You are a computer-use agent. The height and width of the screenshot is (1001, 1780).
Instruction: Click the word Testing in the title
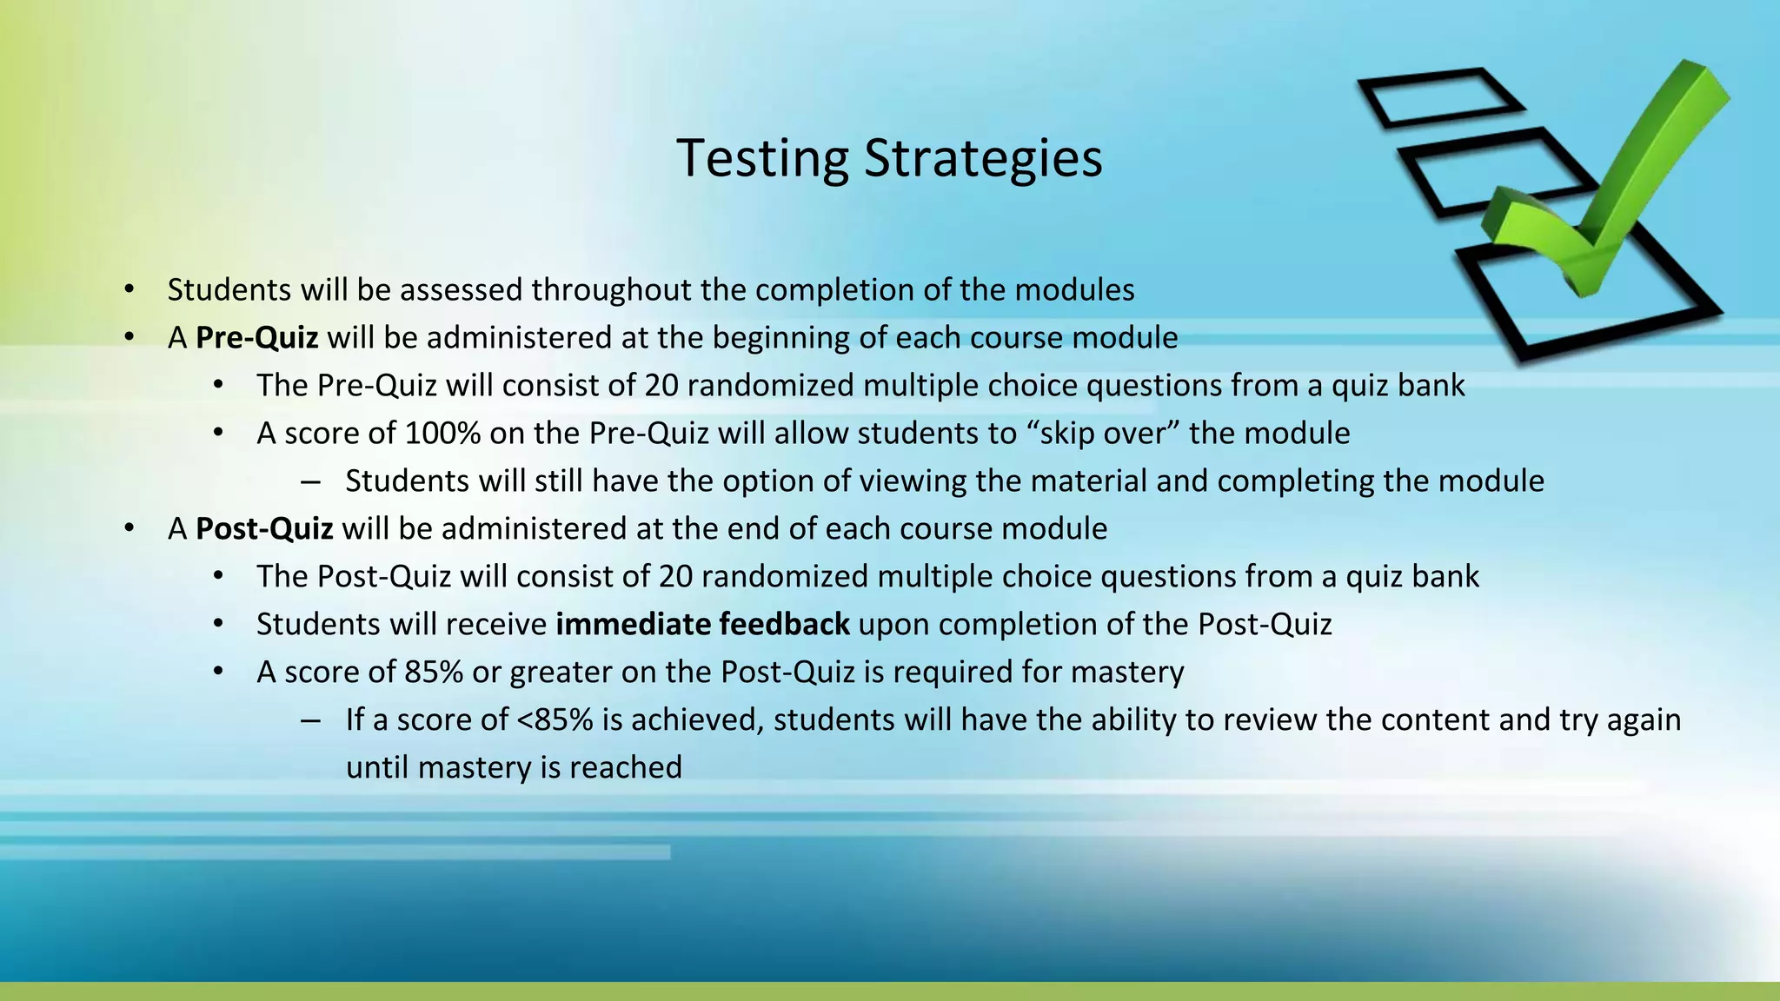tap(762, 159)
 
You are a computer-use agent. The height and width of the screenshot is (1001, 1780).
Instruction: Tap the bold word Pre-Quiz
tap(256, 337)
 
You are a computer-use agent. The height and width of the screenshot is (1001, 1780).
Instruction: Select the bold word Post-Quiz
tap(264, 528)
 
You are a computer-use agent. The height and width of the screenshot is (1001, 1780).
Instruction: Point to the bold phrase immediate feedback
tap(702, 624)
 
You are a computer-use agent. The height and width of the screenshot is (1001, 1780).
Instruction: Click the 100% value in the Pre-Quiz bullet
tap(442, 433)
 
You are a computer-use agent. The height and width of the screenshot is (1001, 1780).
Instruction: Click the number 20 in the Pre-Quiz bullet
tap(661, 385)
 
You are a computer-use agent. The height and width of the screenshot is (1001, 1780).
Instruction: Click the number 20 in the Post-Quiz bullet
tap(675, 576)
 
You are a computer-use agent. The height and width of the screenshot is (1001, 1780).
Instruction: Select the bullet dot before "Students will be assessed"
tap(129, 289)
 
